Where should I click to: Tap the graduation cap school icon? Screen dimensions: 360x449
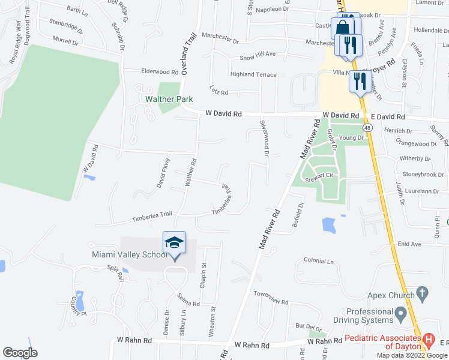(x=174, y=243)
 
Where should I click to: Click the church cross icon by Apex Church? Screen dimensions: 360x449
(x=422, y=294)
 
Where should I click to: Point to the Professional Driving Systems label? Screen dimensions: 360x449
(x=378, y=316)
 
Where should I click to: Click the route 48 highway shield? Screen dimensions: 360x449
(x=367, y=128)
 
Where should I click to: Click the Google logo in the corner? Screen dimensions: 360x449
(x=20, y=352)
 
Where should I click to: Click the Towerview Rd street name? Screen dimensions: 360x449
(x=271, y=294)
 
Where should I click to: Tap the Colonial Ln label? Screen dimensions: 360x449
(x=319, y=261)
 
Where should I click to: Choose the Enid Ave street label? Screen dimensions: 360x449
(x=410, y=244)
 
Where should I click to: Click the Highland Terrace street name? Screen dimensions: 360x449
(x=253, y=74)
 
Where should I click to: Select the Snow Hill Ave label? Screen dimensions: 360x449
(x=258, y=55)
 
